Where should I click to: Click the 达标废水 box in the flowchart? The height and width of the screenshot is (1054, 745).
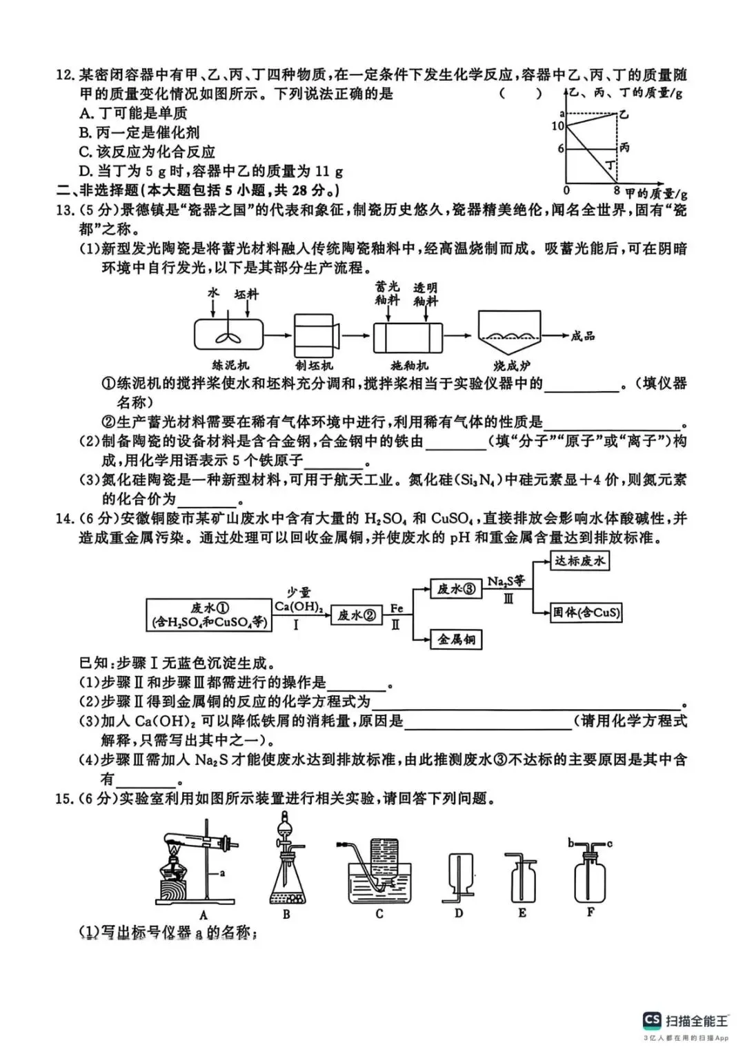(x=579, y=561)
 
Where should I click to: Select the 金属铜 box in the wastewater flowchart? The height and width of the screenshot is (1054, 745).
(x=456, y=639)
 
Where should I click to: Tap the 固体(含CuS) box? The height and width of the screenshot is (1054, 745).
(x=586, y=612)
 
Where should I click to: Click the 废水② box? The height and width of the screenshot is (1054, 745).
(x=356, y=615)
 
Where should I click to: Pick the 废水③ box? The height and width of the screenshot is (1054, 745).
(x=456, y=588)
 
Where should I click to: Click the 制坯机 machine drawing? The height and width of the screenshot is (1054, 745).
(x=316, y=336)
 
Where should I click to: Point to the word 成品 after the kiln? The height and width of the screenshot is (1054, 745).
(x=583, y=336)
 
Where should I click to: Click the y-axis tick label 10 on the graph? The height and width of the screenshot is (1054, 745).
(x=558, y=126)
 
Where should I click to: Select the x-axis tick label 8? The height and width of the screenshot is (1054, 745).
(x=616, y=190)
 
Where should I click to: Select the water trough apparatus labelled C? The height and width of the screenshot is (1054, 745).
(x=378, y=875)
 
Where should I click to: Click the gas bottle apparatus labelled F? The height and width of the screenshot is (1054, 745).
(x=590, y=873)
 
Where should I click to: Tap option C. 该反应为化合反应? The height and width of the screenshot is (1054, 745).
(x=147, y=152)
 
